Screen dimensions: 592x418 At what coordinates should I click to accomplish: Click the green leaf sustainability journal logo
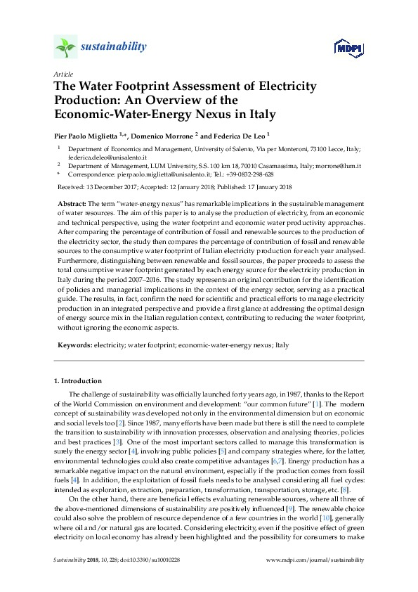click(65, 48)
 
